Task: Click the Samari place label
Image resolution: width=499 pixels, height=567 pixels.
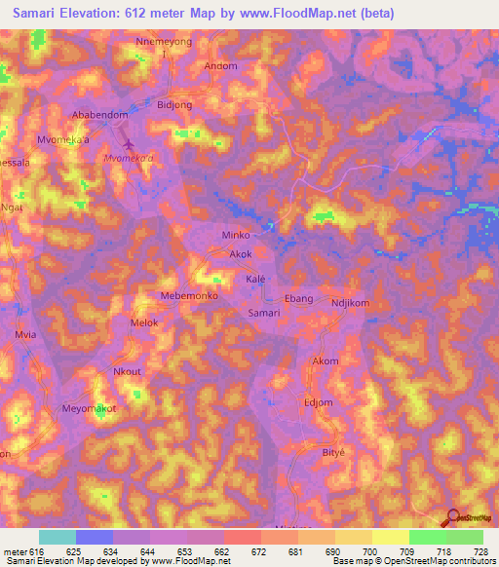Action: tap(263, 313)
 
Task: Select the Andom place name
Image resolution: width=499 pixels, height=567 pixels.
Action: tap(220, 66)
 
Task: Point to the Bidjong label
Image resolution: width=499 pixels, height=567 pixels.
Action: tap(174, 103)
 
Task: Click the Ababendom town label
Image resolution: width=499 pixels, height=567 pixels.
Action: tap(100, 114)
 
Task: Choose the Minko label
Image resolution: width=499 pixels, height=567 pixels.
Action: tap(237, 236)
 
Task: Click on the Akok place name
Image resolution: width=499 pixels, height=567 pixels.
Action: tap(241, 254)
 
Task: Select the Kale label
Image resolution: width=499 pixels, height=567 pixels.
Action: tap(255, 279)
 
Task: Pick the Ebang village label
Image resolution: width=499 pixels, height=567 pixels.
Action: tap(298, 298)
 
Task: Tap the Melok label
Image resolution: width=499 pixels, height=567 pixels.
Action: tap(143, 321)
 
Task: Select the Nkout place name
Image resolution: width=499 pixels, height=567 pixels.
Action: tap(128, 371)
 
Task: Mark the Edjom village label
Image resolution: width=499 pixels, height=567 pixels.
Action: tap(318, 401)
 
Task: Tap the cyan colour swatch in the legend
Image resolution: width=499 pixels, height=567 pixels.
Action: tap(58, 537)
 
